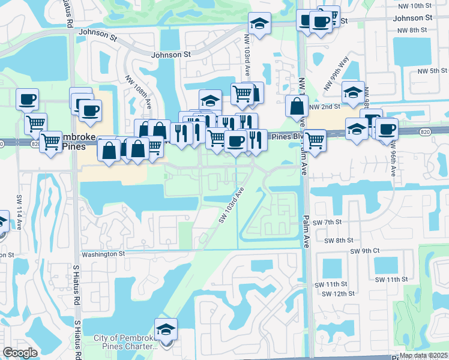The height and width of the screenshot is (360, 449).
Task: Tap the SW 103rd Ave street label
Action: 233,205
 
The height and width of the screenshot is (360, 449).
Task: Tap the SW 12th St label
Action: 335,293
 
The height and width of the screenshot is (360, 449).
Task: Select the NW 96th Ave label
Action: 393,158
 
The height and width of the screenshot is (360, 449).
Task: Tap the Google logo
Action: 20,353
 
